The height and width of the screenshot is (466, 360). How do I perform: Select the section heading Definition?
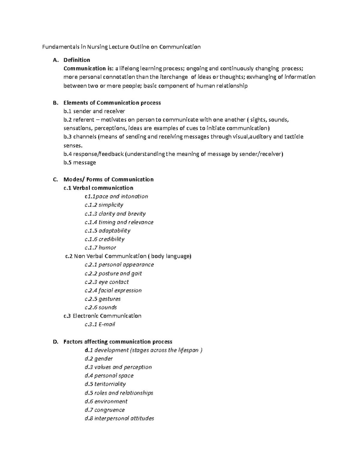coord(76,60)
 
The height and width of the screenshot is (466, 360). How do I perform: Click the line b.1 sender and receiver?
coord(94,111)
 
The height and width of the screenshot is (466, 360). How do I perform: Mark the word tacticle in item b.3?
coord(294,137)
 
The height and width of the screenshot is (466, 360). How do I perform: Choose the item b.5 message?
coord(80,162)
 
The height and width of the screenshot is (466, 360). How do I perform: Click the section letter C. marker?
coord(55,179)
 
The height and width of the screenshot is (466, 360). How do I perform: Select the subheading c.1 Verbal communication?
coord(98,188)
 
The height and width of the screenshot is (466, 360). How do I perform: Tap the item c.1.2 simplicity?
coord(104,205)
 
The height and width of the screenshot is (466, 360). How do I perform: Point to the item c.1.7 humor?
coord(100,248)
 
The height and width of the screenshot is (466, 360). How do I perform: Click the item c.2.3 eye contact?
coord(107,282)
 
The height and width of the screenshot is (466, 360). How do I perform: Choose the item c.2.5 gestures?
coord(103,299)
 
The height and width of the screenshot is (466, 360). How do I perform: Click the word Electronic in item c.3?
coord(86,316)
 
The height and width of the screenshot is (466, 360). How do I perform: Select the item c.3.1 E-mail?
coord(100,324)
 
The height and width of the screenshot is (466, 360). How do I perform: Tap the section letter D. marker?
coord(55,342)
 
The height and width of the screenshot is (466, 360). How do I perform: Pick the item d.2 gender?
coord(99,359)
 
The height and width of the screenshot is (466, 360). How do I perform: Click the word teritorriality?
coord(110,384)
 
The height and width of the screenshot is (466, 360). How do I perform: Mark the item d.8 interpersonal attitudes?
coord(119,418)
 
